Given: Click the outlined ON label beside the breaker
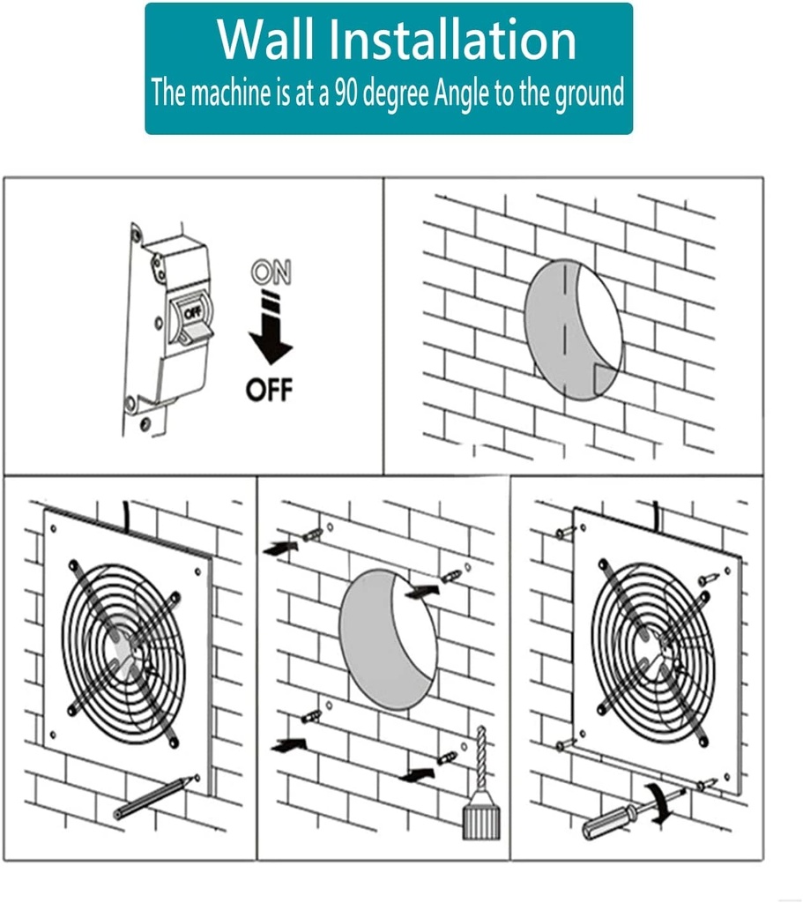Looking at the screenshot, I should pyautogui.click(x=271, y=272).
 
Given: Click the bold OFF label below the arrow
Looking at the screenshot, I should pyautogui.click(x=270, y=389).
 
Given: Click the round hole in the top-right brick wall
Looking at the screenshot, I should pyautogui.click(x=573, y=329).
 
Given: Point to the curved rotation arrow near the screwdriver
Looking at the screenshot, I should pyautogui.click(x=657, y=803).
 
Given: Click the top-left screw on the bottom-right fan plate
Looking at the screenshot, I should pyautogui.click(x=565, y=532).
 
